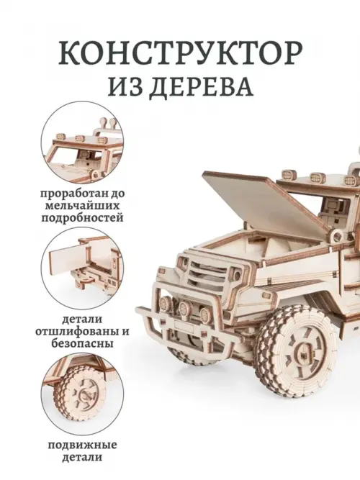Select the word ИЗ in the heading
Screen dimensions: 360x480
click(x=127, y=86)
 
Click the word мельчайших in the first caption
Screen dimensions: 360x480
click(x=82, y=205)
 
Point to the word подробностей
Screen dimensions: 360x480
click(x=82, y=217)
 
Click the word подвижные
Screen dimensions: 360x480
click(x=82, y=445)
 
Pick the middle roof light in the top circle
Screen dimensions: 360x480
click(x=81, y=138)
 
